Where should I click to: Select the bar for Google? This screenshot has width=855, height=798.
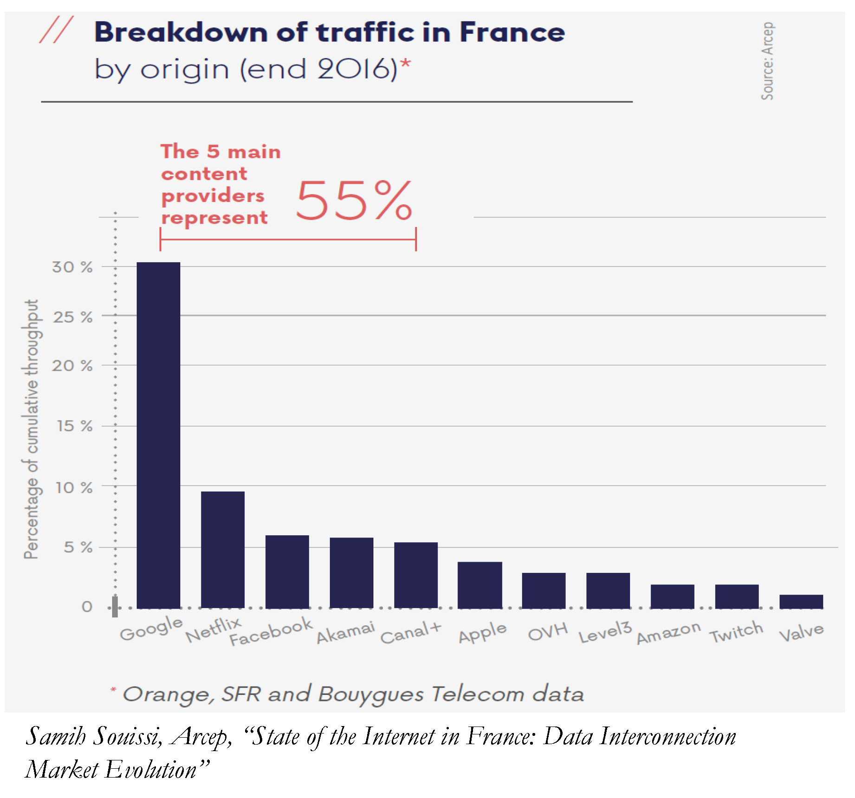(x=158, y=435)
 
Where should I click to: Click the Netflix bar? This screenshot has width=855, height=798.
(x=222, y=550)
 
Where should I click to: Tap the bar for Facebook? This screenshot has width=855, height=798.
(x=287, y=571)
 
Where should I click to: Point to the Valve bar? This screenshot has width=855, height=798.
(x=801, y=601)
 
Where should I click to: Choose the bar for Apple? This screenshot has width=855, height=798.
(x=479, y=585)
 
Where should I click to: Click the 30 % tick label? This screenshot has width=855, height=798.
(x=72, y=267)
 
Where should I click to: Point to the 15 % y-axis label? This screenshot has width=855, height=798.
(x=74, y=426)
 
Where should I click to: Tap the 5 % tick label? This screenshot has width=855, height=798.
(x=78, y=547)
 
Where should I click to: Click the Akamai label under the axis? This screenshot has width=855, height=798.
(x=345, y=633)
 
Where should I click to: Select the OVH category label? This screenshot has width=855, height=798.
(x=548, y=632)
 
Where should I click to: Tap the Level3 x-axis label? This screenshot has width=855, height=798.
(x=605, y=632)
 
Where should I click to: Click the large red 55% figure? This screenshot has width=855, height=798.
(x=354, y=201)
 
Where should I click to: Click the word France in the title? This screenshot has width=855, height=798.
(x=512, y=32)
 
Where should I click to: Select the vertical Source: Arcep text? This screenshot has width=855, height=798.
(x=767, y=61)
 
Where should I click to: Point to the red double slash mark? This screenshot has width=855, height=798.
(x=56, y=30)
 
